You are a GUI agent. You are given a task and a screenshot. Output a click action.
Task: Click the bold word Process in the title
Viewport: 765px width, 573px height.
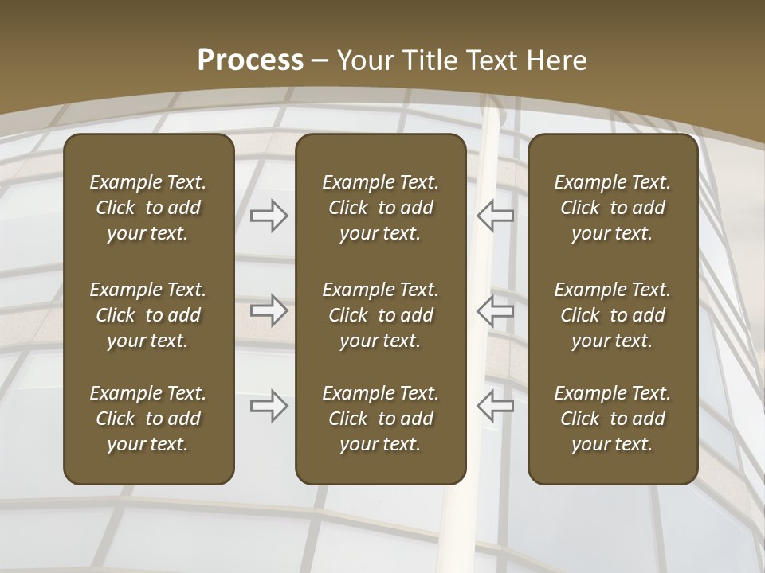coord(250,60)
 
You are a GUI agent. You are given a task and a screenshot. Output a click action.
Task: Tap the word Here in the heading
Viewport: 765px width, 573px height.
coord(558,60)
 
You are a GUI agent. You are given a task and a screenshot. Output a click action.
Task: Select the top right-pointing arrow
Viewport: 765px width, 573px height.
coord(269,215)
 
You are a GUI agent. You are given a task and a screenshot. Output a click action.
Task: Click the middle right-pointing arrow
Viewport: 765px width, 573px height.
coord(269,310)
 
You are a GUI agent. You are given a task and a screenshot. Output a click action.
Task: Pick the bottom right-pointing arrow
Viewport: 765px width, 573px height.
coord(269,406)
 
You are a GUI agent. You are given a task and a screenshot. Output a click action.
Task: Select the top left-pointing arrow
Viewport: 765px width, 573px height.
coord(496,215)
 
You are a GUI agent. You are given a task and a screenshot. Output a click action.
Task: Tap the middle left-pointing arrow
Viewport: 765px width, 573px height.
coord(496,310)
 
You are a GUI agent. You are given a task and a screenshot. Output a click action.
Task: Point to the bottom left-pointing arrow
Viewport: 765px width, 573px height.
coord(496,406)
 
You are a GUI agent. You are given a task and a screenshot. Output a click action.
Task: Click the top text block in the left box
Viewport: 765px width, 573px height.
coord(148,208)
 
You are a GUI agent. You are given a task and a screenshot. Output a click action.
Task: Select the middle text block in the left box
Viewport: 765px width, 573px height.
coord(148,315)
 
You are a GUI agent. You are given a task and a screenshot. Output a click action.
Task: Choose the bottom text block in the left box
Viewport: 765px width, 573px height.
coord(148,419)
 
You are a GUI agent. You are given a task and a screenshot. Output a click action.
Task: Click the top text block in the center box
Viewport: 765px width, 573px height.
coord(380,208)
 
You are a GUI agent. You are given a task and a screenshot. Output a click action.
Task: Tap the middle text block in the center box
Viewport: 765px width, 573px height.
coord(380,315)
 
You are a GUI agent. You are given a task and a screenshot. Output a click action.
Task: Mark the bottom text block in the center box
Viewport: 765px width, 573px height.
coord(380,419)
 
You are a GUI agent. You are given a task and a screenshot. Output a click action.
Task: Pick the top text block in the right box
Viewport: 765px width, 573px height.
coord(613,208)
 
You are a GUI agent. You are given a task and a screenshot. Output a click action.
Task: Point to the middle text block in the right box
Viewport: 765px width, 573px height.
coord(613,315)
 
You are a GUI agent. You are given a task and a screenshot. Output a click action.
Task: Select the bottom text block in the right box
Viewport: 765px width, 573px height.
coord(613,419)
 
